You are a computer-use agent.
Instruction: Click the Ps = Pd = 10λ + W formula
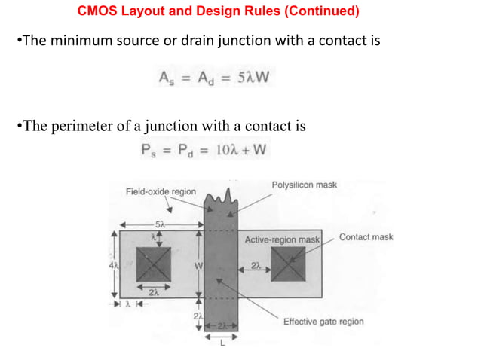click(204, 150)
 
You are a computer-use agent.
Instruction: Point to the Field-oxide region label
click(161, 191)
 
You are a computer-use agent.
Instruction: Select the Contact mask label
click(366, 237)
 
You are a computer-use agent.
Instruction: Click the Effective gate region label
click(323, 321)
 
